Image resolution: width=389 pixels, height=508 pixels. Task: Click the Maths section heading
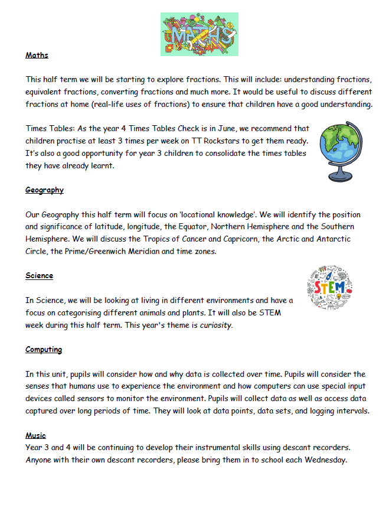[x=37, y=56]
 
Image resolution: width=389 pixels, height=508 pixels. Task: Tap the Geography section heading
[x=44, y=190]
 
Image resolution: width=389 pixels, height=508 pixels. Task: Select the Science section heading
[x=39, y=276]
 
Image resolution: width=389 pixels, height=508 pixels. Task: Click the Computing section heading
[x=44, y=350]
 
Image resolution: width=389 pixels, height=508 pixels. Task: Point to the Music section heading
[x=35, y=435]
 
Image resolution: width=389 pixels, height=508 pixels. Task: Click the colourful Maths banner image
[x=199, y=34]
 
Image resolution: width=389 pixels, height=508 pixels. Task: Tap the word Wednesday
[x=323, y=460]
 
